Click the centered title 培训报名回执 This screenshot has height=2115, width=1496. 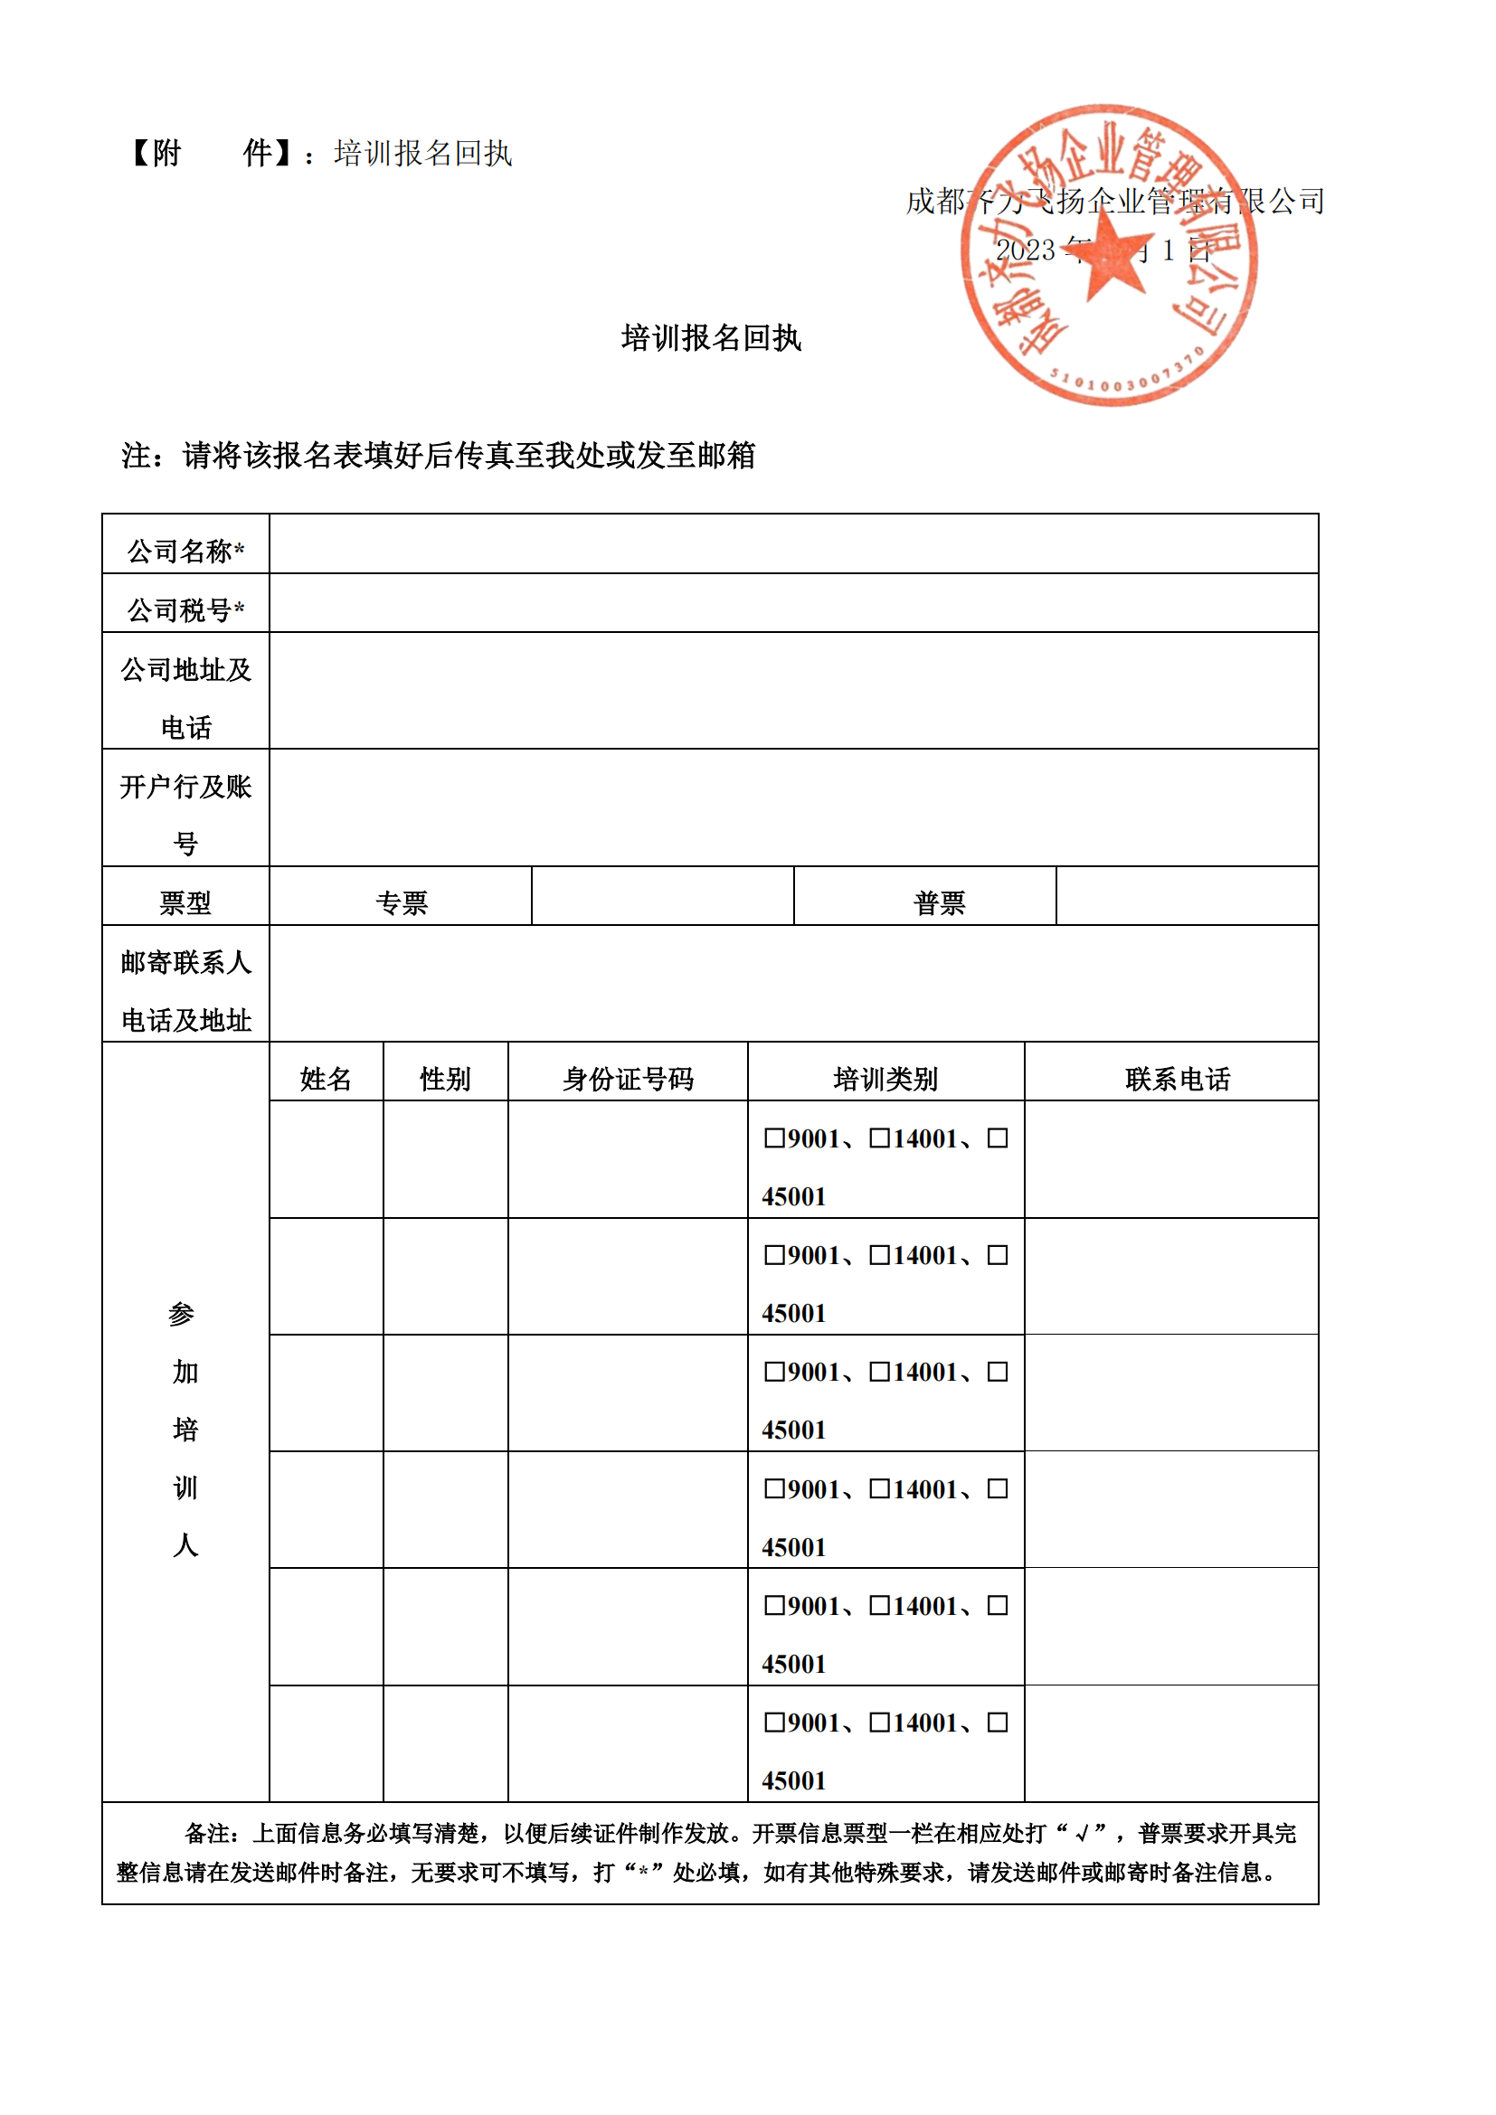click(711, 338)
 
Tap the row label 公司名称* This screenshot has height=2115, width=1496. click(185, 551)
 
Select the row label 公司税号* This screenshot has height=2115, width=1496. click(185, 609)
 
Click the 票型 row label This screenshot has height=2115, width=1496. click(185, 902)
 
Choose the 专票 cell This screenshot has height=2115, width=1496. click(402, 902)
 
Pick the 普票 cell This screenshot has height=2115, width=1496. click(939, 902)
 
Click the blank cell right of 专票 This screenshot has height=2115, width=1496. click(662, 896)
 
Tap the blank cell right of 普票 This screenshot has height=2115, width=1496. click(1187, 896)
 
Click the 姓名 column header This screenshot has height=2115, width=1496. click(327, 1078)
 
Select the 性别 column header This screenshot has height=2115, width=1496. click(445, 1078)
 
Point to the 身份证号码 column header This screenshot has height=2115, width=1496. click(628, 1078)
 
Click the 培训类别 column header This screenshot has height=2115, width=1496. click(885, 1078)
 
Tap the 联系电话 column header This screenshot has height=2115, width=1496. click(1178, 1078)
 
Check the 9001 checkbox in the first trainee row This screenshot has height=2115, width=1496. click(774, 1138)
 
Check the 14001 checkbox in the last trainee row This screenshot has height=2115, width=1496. click(879, 1722)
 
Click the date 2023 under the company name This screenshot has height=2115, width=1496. click(1025, 250)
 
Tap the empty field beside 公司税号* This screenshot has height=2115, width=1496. click(793, 603)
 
